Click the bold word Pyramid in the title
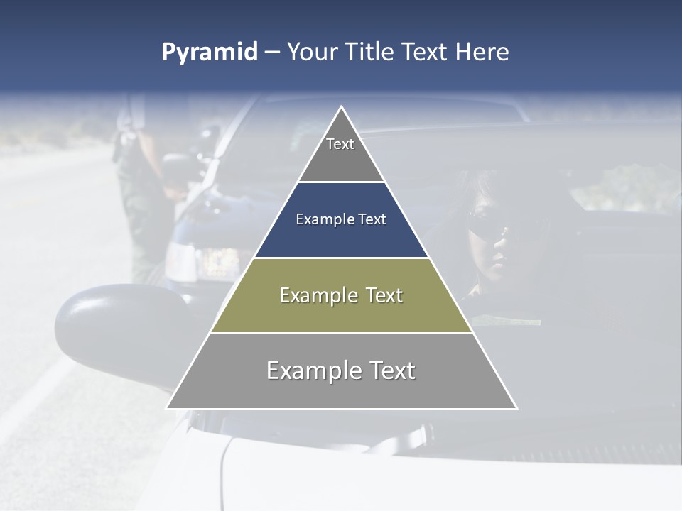(209, 53)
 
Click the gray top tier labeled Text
(341, 153)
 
